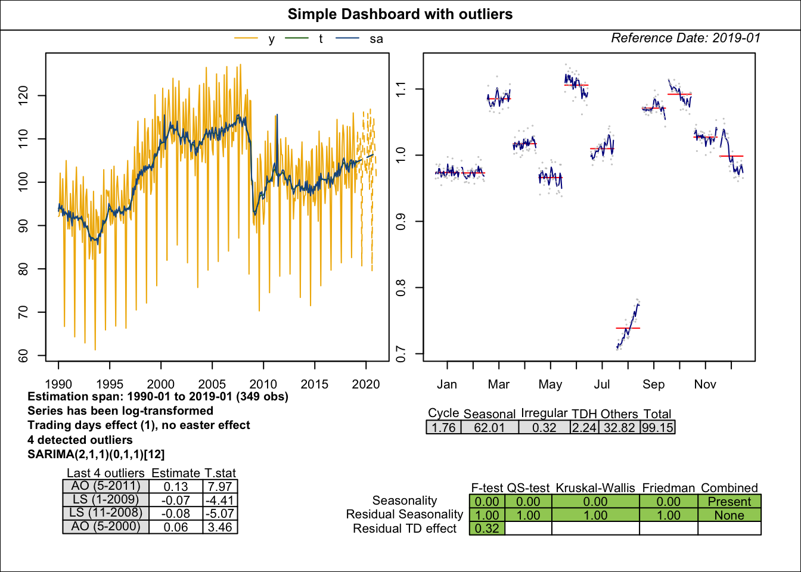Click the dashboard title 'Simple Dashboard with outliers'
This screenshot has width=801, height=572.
pyautogui.click(x=400, y=14)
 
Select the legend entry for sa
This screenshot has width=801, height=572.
pyautogui.click(x=375, y=39)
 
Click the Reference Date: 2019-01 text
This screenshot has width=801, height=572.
pyautogui.click(x=685, y=38)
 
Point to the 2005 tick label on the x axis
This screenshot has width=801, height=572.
pyautogui.click(x=212, y=384)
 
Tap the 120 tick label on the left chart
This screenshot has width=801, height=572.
pyautogui.click(x=24, y=95)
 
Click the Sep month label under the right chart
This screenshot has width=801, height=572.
pyautogui.click(x=653, y=384)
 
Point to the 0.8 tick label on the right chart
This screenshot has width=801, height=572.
pyautogui.click(x=401, y=288)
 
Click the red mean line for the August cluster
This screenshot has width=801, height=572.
pyautogui.click(x=628, y=328)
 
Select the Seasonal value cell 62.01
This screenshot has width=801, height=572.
pyautogui.click(x=489, y=428)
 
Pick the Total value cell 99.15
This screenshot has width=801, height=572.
pyautogui.click(x=658, y=428)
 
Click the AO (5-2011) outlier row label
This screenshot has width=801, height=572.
pyautogui.click(x=105, y=486)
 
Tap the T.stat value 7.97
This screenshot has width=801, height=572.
pyautogui.click(x=220, y=487)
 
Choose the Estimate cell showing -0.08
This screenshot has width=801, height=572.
pyautogui.click(x=176, y=514)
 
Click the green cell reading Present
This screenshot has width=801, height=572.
pyautogui.click(x=729, y=502)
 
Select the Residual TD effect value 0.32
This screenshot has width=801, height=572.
pyautogui.click(x=487, y=529)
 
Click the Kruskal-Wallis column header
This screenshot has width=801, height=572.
pyautogui.click(x=595, y=488)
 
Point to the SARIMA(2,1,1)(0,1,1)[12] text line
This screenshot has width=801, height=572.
pyautogui.click(x=96, y=454)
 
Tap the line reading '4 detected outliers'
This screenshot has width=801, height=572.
pyautogui.click(x=80, y=440)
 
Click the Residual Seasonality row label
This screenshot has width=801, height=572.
pyautogui.click(x=405, y=514)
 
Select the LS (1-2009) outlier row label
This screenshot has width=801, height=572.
pyautogui.click(x=105, y=500)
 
